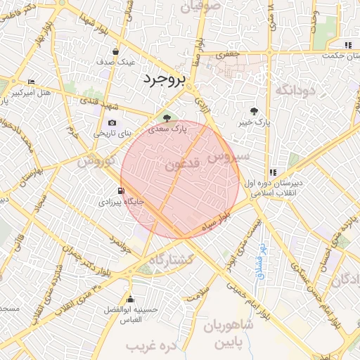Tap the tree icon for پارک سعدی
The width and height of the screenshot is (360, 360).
[166, 118]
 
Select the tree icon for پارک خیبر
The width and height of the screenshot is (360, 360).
[254, 111]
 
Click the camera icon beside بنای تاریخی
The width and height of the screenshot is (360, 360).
[112, 123]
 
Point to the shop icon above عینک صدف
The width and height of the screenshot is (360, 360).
[116, 51]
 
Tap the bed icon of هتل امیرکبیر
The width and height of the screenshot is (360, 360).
[31, 82]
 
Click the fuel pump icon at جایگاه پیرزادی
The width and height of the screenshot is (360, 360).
[122, 191]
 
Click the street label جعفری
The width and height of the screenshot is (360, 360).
[227, 53]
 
